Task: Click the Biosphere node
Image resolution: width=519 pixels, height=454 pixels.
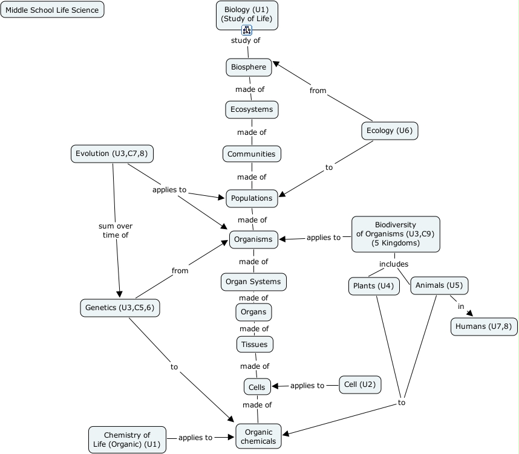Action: coord(249,67)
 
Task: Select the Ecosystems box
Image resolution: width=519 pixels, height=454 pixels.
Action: coord(252,109)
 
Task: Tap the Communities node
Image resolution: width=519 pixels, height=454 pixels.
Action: coord(251,154)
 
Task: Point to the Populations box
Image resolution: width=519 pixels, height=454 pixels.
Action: coord(251,198)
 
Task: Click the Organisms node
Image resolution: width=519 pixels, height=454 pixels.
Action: coord(253,239)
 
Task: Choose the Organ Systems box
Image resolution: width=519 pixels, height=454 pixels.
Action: coord(253,282)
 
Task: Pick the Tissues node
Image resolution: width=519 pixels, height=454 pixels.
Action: coord(254,344)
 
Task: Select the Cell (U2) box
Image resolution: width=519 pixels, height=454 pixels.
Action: coord(359,384)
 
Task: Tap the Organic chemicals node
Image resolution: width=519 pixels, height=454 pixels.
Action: coord(258,436)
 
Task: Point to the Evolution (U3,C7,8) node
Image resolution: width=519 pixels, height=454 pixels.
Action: coord(112,154)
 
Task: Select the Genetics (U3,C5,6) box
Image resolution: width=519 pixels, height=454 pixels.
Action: coord(120,308)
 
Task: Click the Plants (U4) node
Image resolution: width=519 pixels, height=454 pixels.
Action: coord(374,286)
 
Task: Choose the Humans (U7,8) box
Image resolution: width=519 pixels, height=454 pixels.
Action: coord(483,326)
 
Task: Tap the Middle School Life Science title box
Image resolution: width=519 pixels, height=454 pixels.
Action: coord(52,10)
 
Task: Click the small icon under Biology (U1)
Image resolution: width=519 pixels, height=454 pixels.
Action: coord(247,30)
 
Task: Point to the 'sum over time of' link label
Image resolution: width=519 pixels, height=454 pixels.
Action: coord(116,231)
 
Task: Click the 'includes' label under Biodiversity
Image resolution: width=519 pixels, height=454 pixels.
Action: coord(394,264)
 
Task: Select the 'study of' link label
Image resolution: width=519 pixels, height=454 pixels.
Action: coord(246,41)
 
